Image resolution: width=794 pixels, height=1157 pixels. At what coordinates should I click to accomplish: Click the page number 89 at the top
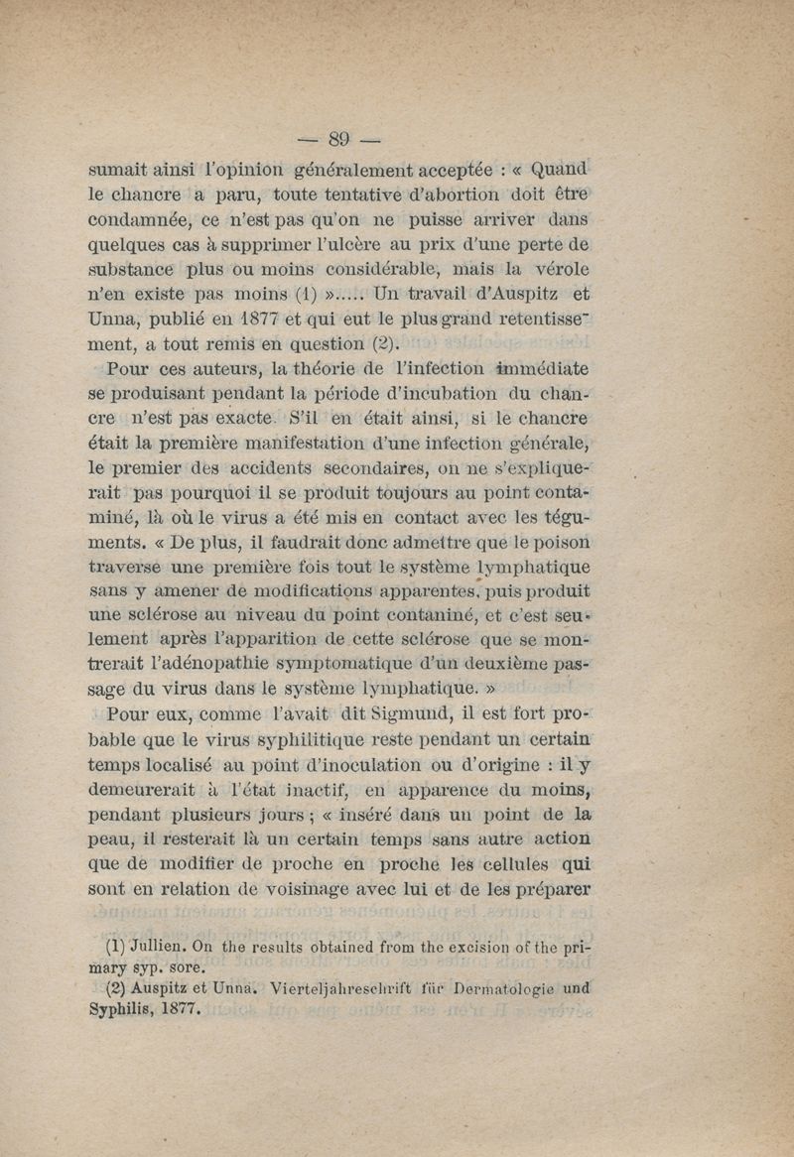coord(340,139)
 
